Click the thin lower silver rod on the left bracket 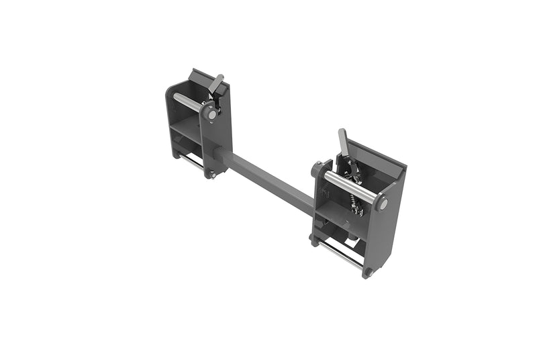click(x=192, y=161)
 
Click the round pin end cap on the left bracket click(x=212, y=115)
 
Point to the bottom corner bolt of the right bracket click(x=367, y=272)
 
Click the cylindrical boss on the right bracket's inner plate click(x=316, y=169)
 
